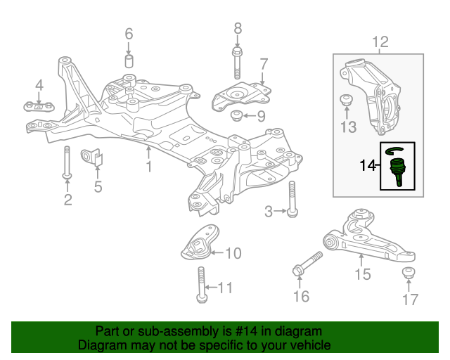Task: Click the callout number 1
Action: (148, 167)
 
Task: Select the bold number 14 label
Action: (368, 167)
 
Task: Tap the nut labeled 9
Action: (236, 115)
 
